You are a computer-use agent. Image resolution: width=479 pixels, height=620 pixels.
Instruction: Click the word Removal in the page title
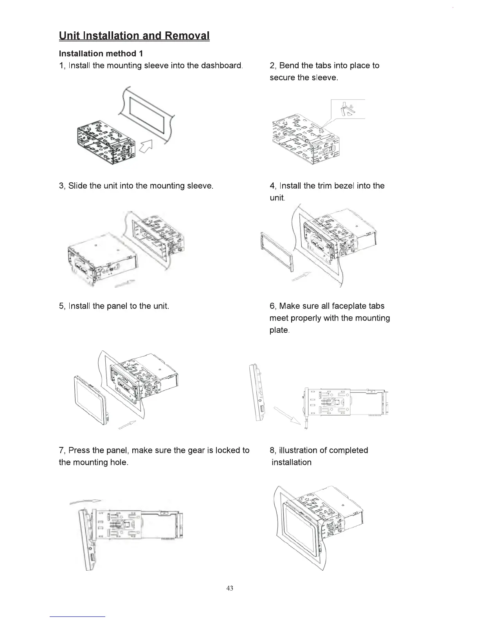click(x=187, y=36)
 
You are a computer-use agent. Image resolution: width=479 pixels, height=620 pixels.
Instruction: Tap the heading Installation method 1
click(x=98, y=53)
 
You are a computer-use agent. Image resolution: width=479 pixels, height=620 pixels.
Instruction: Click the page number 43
click(x=230, y=588)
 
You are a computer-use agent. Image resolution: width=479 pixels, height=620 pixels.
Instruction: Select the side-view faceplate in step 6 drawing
click(x=258, y=393)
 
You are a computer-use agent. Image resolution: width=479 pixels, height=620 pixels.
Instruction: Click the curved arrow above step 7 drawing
click(x=85, y=501)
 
